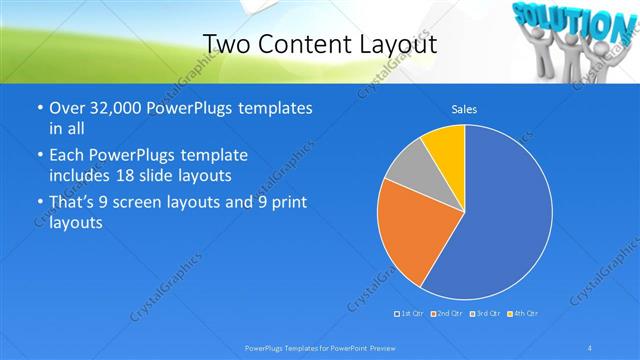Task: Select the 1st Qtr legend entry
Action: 409,314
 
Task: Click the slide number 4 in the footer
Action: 590,347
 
